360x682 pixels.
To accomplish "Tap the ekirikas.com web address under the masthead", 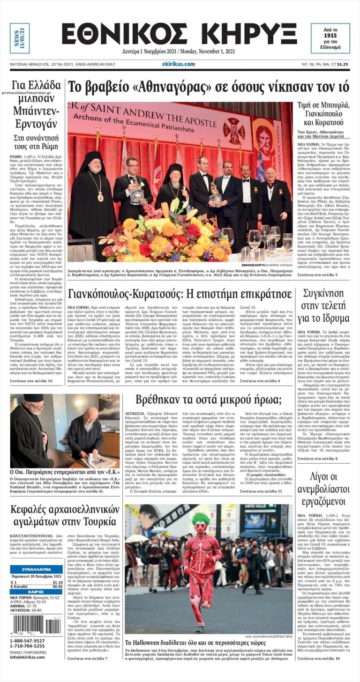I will click(178, 64).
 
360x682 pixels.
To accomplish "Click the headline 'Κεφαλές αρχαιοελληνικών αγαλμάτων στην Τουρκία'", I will click(62, 515).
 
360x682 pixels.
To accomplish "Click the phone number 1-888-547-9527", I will click(28, 640).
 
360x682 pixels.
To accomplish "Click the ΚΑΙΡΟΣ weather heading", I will click(36, 592).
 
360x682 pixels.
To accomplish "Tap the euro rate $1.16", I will click(57, 582).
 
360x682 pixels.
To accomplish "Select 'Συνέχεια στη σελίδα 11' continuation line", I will click(261, 491).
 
